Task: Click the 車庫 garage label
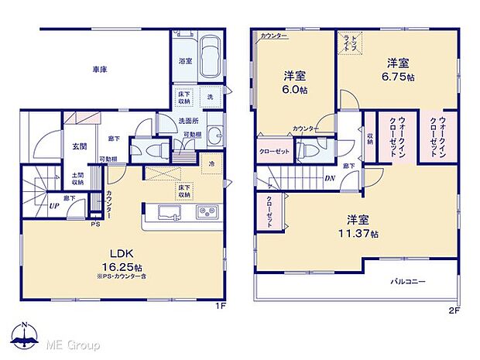[x=98, y=70]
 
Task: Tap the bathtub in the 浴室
[x=207, y=58]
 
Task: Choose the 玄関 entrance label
[x=79, y=146]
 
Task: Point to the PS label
[x=95, y=225]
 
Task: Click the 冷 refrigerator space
[x=211, y=164]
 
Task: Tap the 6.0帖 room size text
[x=293, y=88]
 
